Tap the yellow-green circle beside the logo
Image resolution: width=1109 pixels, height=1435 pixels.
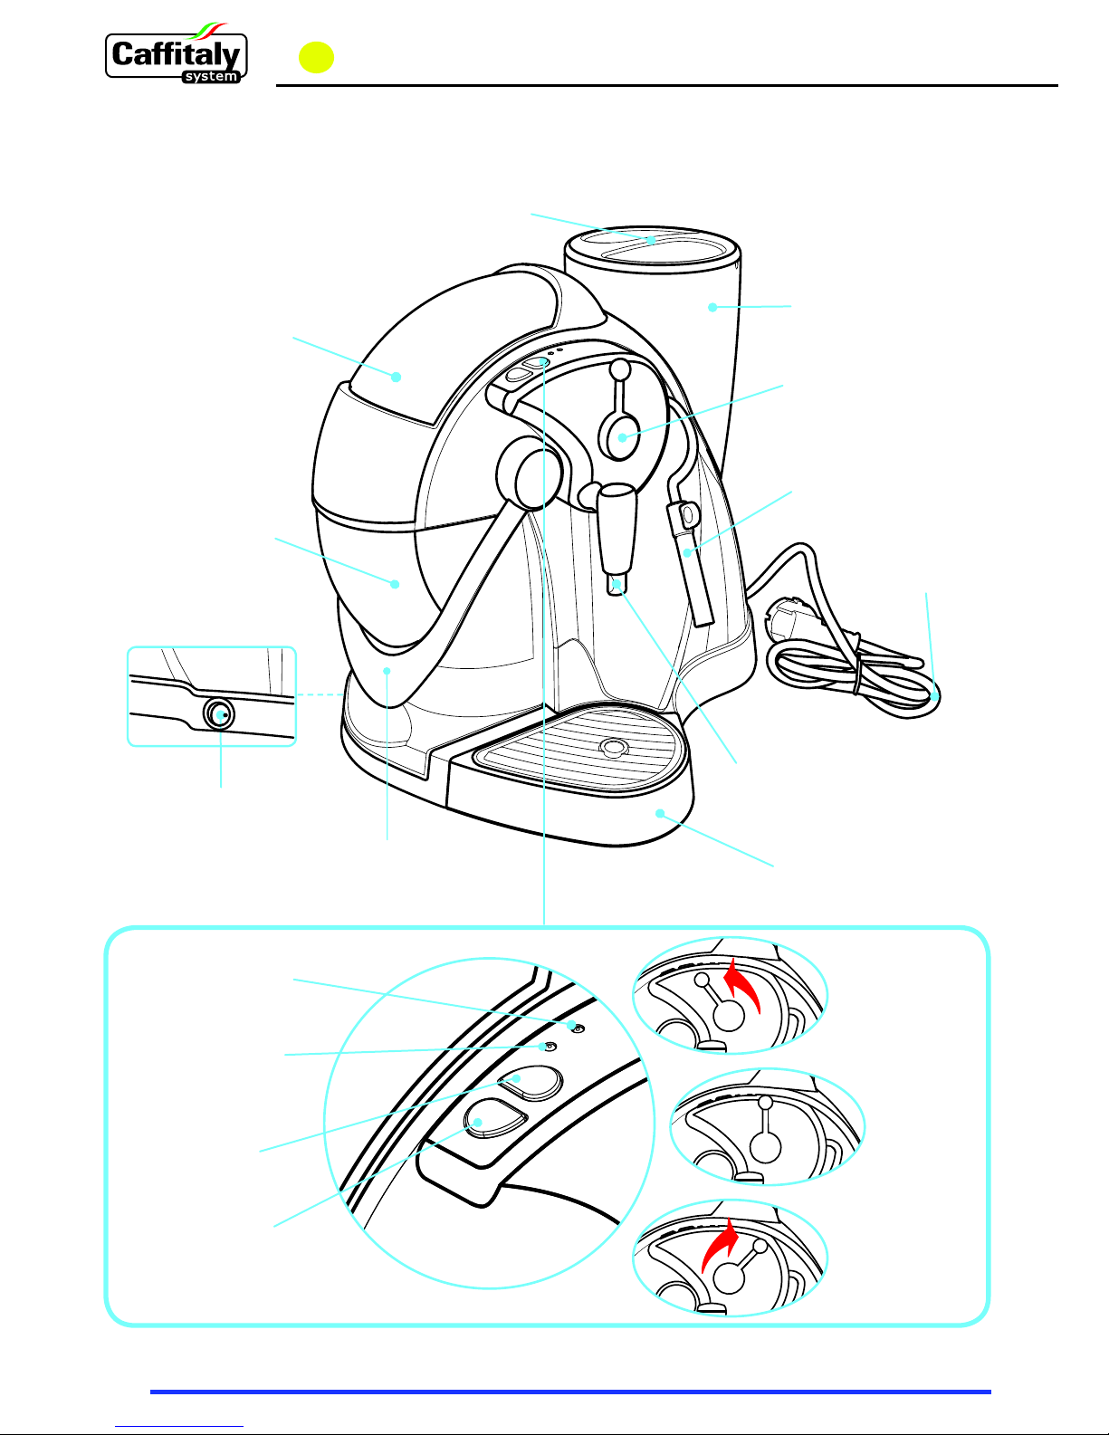coord(316,57)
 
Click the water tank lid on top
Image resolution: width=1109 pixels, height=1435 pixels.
coord(652,245)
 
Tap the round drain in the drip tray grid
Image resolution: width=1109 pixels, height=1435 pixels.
coord(614,747)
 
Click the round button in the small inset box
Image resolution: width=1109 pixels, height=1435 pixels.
coord(218,713)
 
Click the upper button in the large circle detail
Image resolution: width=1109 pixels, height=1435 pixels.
coord(531,1083)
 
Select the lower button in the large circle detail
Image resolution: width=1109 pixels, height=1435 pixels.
coord(495,1118)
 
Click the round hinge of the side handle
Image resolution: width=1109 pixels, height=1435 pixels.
coord(531,474)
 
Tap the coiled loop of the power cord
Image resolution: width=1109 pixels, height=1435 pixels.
coord(856,681)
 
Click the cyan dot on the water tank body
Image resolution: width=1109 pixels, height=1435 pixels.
coord(712,307)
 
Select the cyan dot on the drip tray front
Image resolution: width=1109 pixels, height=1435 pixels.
coord(659,814)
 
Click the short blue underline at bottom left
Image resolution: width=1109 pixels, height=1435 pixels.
coord(179,1426)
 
